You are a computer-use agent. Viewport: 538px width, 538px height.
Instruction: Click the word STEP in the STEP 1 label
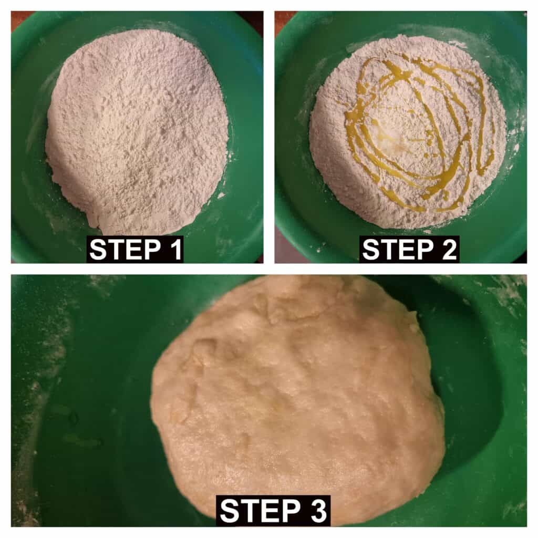click(x=125, y=250)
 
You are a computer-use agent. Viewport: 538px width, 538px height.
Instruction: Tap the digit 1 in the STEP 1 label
click(x=176, y=250)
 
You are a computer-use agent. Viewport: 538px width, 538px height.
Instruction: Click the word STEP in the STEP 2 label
click(x=398, y=250)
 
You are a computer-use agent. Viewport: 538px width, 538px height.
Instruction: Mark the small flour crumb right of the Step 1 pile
click(x=221, y=195)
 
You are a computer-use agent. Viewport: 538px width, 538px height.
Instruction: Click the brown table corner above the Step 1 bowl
click(x=20, y=15)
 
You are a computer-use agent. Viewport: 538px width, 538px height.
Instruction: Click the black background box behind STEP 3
click(x=273, y=511)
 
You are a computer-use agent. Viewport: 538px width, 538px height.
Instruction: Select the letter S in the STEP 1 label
click(x=98, y=250)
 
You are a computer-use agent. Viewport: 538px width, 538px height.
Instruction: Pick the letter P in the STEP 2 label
click(x=426, y=250)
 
